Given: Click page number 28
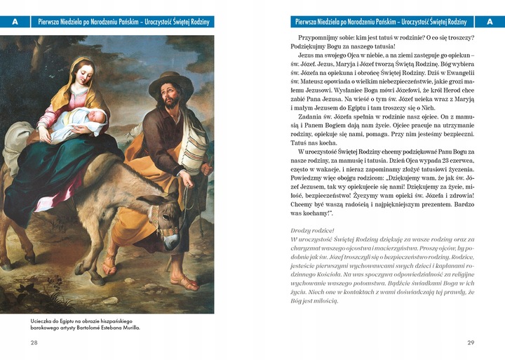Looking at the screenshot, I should [34, 342].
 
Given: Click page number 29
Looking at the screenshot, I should [471, 342].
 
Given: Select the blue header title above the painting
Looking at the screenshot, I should [123, 22].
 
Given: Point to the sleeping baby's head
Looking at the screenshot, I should [99, 118].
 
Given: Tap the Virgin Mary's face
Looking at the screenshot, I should [82, 75].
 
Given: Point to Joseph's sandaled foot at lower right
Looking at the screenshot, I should [184, 283].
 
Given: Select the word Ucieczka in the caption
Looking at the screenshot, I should [43, 320].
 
